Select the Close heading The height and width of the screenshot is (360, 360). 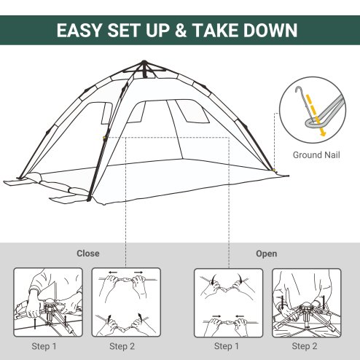pos(88,254)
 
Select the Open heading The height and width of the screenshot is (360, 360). pos(266,254)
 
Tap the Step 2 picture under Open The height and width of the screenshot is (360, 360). pos(306,301)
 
